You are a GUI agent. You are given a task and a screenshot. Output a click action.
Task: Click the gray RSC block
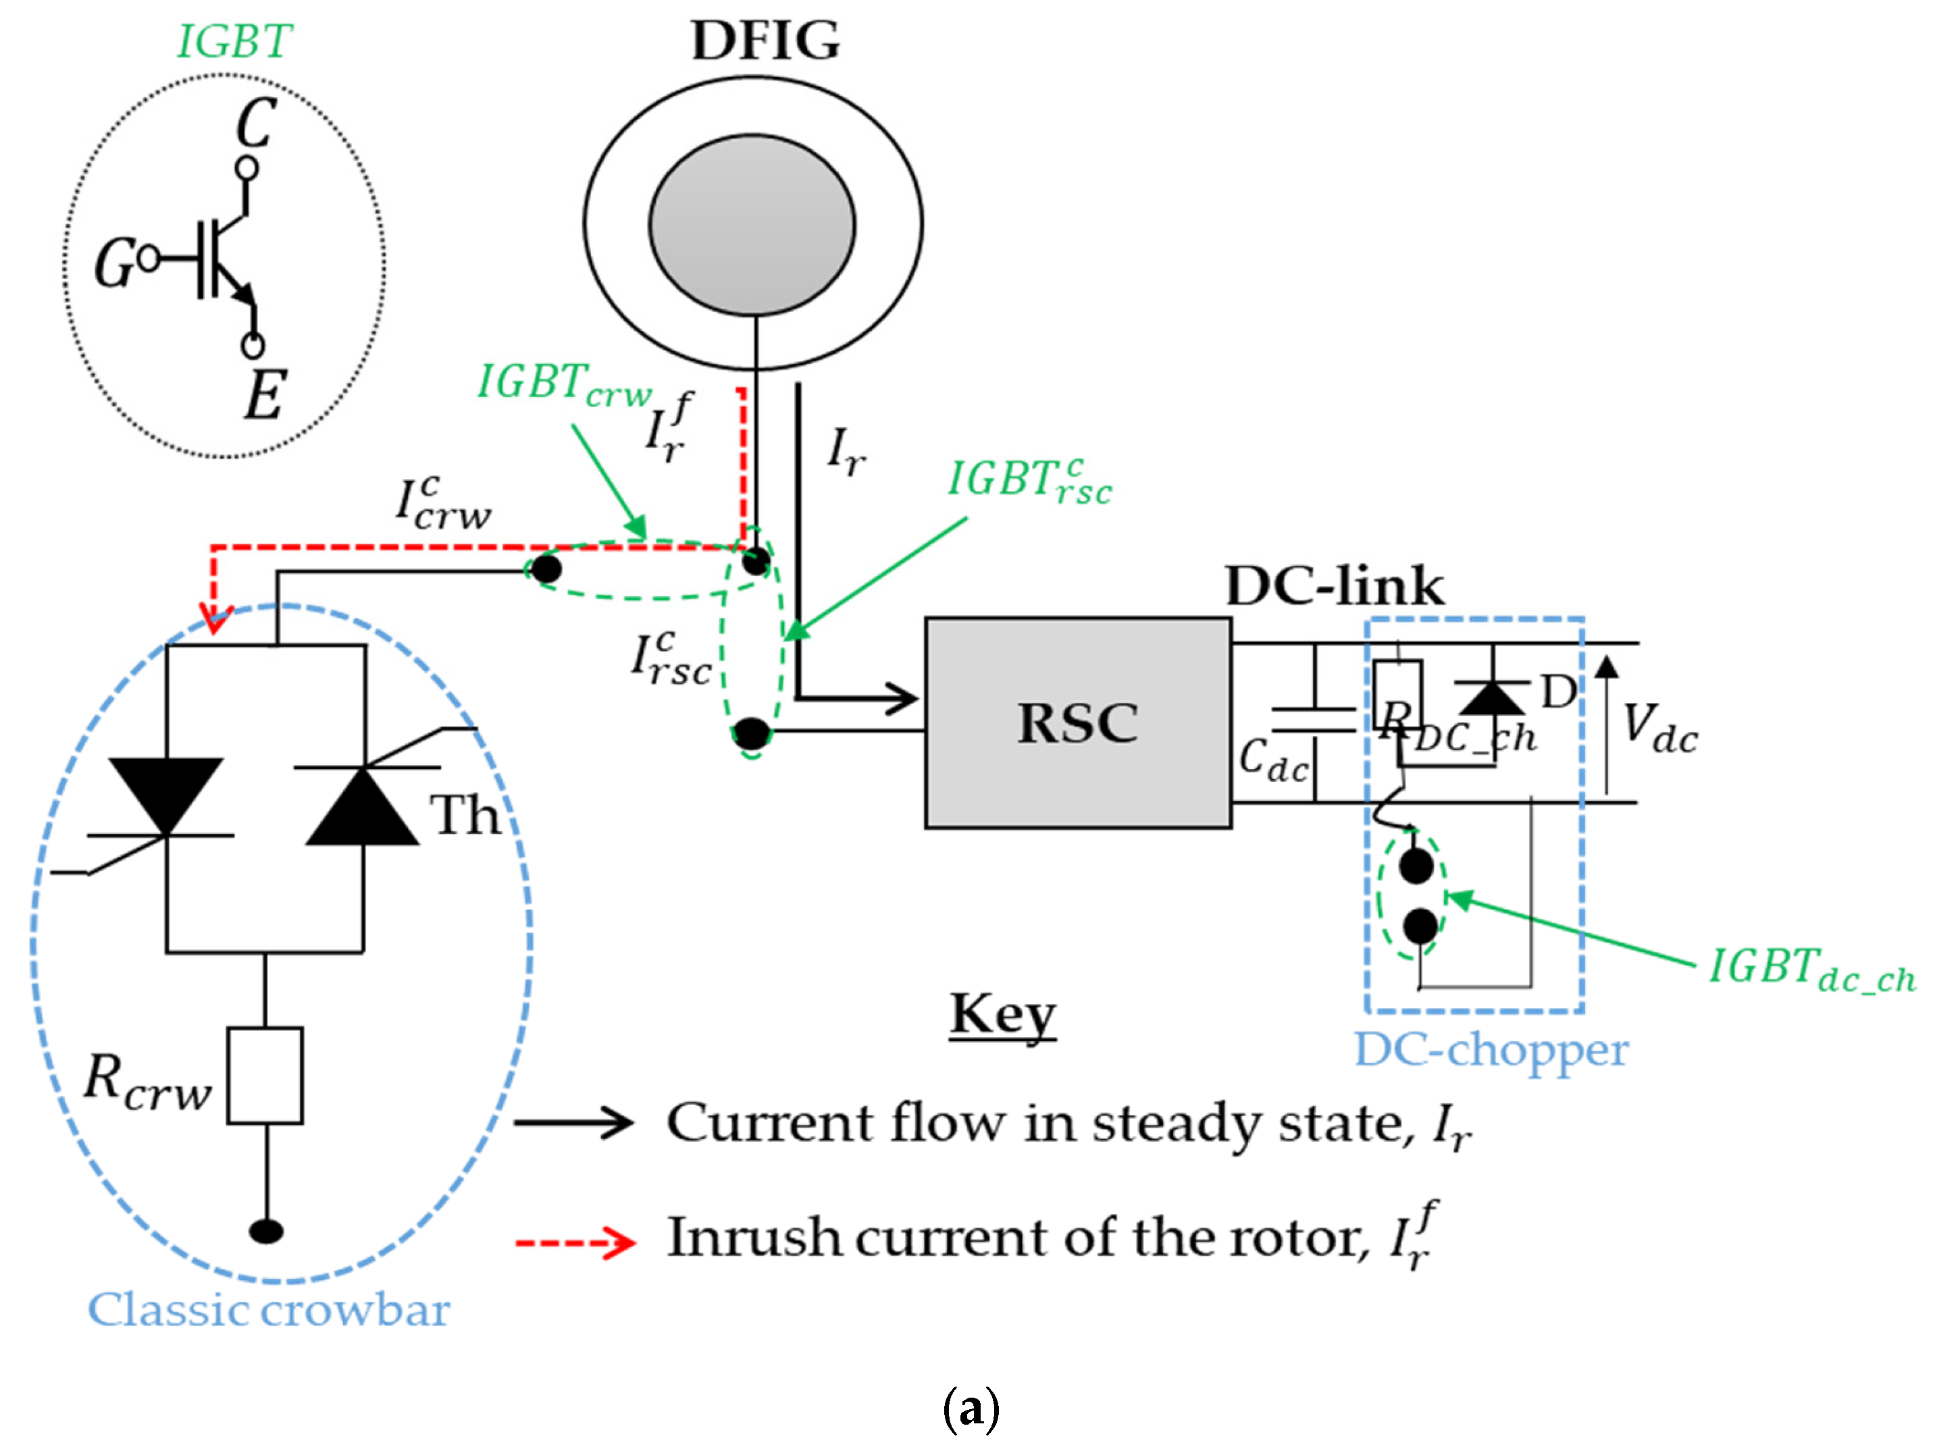(1078, 722)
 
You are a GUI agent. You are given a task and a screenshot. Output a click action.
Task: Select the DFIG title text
(765, 41)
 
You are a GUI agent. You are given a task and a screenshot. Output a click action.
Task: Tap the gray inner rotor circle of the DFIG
(752, 225)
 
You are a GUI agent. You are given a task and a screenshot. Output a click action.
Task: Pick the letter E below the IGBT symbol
(264, 395)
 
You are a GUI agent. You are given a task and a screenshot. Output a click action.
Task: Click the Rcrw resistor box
(265, 1075)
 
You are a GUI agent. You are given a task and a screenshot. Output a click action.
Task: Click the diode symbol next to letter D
(1491, 697)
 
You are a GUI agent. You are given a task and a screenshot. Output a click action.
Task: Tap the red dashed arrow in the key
(575, 1242)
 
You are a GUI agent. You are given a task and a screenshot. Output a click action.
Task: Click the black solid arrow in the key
(573, 1122)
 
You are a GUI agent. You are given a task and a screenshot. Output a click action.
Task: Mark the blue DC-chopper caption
(1491, 1049)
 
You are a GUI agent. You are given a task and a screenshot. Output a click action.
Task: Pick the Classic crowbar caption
(269, 1309)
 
